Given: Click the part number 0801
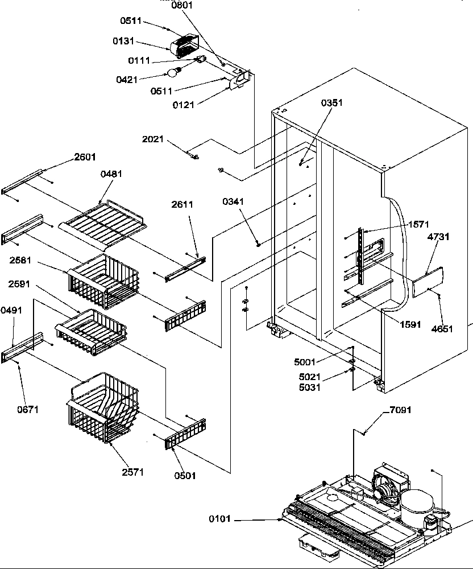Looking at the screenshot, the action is pos(182,5).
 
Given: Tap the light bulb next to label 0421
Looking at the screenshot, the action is pos(173,72).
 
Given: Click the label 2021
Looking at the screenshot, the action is pos(153,139).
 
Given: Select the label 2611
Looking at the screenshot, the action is pos(182,204).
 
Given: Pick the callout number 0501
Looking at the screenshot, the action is pos(185,476).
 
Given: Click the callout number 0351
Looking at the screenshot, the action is pos(332,103).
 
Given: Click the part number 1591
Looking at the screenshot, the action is pos(410,325).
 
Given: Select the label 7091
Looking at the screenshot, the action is pos(400,410).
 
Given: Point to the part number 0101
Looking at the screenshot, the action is pos(221,519).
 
